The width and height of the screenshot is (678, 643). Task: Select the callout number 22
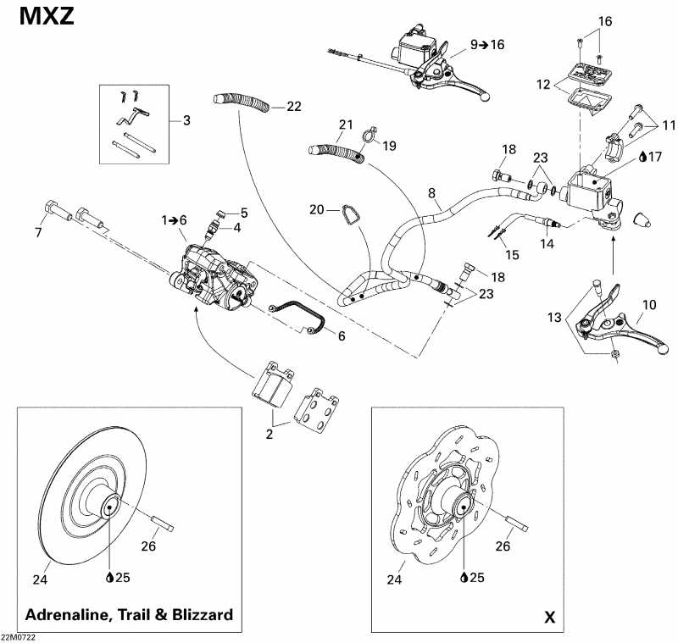pyautogui.click(x=293, y=106)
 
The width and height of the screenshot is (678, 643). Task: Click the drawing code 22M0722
pyautogui.click(x=19, y=637)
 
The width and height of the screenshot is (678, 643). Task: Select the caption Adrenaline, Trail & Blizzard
pyautogui.click(x=130, y=614)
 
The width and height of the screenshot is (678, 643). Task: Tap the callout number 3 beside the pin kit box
pyautogui.click(x=186, y=119)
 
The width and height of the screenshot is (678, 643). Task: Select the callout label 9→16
pyautogui.click(x=486, y=44)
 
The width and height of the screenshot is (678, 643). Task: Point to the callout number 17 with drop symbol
pyautogui.click(x=655, y=156)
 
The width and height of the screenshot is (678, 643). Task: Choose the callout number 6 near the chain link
pyautogui.click(x=342, y=335)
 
